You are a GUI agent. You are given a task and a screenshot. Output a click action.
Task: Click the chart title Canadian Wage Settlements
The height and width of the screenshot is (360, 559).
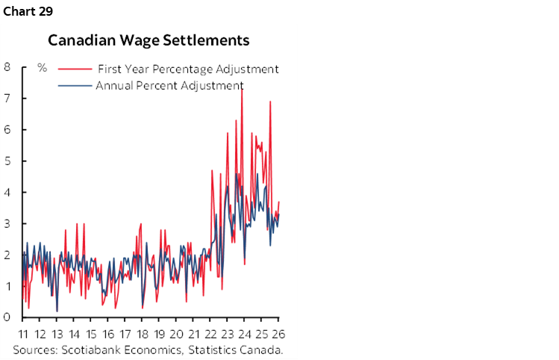pos(149,40)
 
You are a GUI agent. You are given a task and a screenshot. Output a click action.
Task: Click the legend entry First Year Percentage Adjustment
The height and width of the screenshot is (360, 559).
pos(188,69)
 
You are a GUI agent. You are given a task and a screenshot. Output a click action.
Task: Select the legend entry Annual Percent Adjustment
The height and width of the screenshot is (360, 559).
pos(169,85)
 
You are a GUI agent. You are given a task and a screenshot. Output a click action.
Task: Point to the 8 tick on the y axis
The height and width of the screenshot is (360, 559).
pos(7,67)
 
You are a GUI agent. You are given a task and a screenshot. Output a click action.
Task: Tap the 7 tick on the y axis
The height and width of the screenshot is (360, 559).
pos(7,99)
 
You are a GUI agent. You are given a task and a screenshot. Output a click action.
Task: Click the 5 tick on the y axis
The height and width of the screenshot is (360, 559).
pos(7,161)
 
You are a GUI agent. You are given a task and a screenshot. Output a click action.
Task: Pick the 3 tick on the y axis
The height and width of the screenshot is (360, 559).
pos(7,224)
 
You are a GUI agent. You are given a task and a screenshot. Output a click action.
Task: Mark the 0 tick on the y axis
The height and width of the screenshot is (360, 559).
pos(7,317)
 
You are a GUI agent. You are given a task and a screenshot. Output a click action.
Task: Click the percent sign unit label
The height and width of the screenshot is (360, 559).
pos(43,68)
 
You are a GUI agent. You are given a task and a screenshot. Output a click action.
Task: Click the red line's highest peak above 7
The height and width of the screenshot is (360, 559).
pos(241,89)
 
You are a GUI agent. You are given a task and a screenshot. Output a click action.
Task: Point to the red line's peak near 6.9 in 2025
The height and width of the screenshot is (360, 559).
pos(270,102)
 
